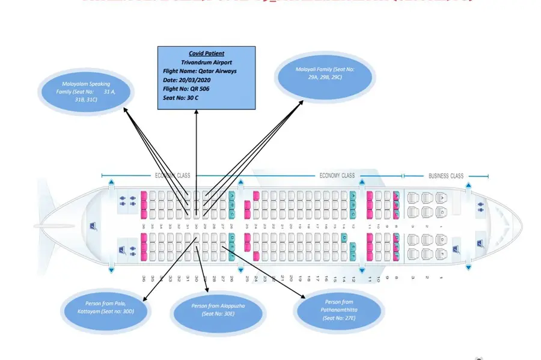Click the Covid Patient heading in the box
point(206,53)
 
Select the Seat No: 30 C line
point(181,97)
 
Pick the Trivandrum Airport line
point(206,62)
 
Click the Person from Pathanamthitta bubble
point(340,310)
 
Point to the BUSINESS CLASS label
point(445,176)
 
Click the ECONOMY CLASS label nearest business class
point(337,176)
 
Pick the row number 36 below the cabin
point(144,279)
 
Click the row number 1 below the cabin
point(442,278)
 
